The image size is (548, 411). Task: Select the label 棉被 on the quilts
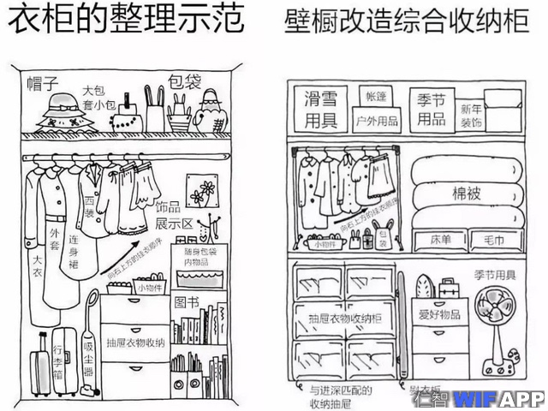coord(466,194)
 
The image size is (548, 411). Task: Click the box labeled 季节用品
coord(431,109)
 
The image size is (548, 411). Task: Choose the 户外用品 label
coord(376,120)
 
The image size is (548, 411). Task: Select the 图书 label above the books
coord(186,302)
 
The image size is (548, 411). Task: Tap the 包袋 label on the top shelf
coord(184,82)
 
